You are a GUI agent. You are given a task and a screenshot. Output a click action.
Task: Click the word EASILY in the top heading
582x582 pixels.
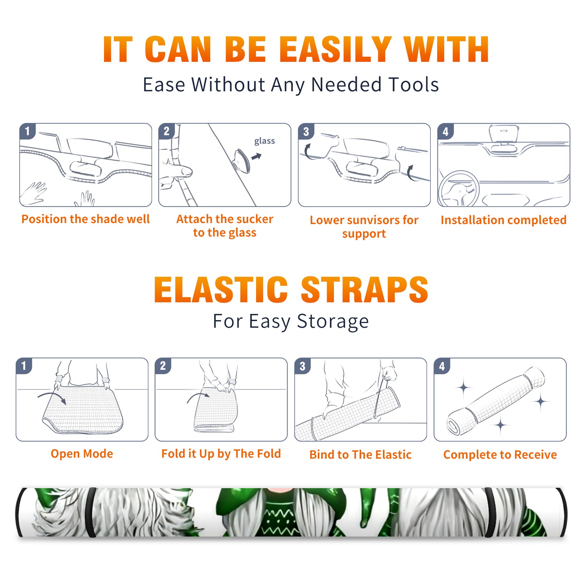point(336,49)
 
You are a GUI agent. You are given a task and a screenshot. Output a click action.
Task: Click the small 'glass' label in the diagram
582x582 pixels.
point(264,141)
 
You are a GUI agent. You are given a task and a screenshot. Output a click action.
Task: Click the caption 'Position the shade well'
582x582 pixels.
point(85,219)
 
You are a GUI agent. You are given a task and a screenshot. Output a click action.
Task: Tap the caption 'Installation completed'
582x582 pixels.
point(503,220)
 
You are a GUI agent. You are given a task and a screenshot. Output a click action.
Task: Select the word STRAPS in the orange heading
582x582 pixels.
point(364,290)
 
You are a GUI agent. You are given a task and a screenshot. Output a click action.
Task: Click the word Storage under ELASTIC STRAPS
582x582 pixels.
point(333,322)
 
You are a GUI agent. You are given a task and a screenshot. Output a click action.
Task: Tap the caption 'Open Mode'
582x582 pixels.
point(82,454)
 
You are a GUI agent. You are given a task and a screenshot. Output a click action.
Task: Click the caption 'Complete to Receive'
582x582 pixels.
point(500,455)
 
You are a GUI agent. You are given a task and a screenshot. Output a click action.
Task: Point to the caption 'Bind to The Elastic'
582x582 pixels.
point(360,455)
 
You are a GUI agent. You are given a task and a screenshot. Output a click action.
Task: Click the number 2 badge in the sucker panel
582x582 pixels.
point(167,131)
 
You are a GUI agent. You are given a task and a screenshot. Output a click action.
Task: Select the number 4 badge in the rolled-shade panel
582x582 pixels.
point(442,366)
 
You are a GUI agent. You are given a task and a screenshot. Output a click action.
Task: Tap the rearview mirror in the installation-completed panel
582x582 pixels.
point(504,133)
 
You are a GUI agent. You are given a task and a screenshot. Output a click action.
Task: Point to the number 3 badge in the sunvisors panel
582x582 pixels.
point(306,131)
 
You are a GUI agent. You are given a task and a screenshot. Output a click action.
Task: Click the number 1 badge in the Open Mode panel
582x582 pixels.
point(24,366)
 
